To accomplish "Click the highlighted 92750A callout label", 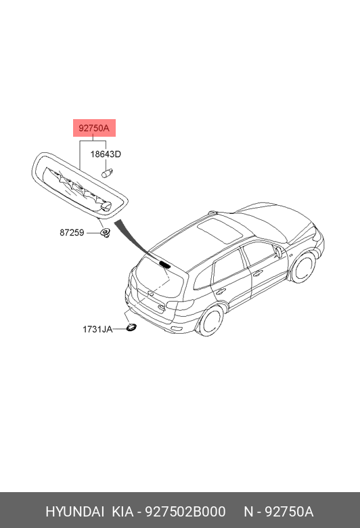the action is click(x=94, y=128).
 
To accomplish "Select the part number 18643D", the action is click(x=106, y=154).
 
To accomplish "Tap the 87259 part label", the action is click(x=72, y=233).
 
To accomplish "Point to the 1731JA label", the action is click(x=97, y=329).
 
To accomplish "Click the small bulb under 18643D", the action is click(x=107, y=173).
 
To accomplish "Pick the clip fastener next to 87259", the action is click(x=106, y=232).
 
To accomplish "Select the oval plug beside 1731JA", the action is click(x=131, y=327).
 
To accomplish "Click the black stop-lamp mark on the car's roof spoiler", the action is click(x=164, y=264).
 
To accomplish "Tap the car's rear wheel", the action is click(x=211, y=321).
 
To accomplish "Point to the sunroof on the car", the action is click(x=220, y=230).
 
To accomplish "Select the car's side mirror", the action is click(x=279, y=252).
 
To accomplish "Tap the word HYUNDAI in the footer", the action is click(x=74, y=512).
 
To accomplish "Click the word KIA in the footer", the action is click(x=122, y=512).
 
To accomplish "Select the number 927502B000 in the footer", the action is click(x=185, y=512).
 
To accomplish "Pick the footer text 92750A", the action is click(x=289, y=512).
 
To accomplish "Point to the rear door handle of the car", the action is click(x=221, y=292).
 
